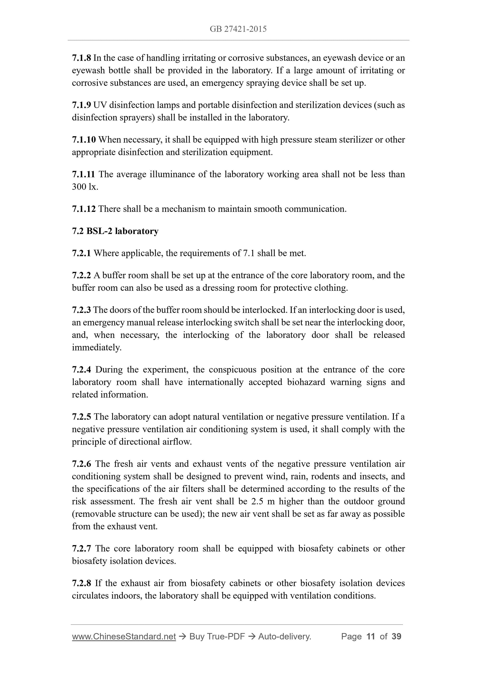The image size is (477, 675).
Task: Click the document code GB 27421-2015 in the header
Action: (x=238, y=29)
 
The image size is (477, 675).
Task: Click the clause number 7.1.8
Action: (x=81, y=58)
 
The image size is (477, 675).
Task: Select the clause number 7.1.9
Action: (x=81, y=105)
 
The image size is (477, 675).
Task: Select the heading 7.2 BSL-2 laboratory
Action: (x=115, y=231)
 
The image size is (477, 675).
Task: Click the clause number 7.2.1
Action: (x=81, y=253)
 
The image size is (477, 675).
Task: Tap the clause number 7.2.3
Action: (x=81, y=310)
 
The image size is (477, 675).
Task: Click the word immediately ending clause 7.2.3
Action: (x=96, y=348)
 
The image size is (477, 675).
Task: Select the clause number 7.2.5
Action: (x=81, y=417)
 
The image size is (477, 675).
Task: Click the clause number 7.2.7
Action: (x=81, y=548)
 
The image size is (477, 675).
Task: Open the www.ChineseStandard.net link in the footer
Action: (x=124, y=637)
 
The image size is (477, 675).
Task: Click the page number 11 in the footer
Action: (x=371, y=637)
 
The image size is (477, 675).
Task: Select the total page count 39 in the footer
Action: (x=396, y=637)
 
